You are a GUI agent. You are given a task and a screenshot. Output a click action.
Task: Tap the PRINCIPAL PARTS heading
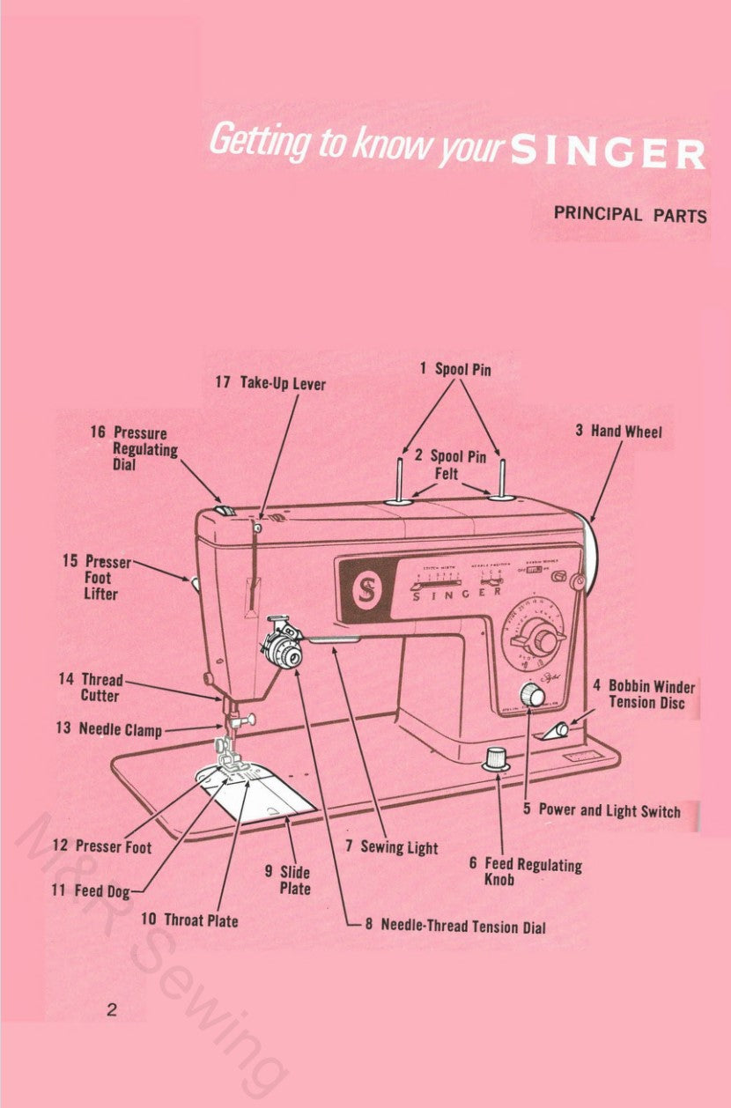click(630, 214)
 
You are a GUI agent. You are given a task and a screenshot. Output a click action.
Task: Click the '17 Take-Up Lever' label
click(270, 384)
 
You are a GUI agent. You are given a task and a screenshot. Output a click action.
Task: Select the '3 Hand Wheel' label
click(618, 431)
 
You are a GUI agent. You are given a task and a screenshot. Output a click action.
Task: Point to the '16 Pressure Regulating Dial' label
click(134, 447)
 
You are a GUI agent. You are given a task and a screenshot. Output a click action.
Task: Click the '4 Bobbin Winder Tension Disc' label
click(643, 694)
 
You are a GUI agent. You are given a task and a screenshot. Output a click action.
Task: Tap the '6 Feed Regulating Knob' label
click(525, 872)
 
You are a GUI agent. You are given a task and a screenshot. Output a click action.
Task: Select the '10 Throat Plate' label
click(189, 920)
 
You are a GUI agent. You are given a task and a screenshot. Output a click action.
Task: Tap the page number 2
click(111, 1009)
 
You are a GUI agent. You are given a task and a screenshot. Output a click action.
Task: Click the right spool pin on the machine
click(502, 479)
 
